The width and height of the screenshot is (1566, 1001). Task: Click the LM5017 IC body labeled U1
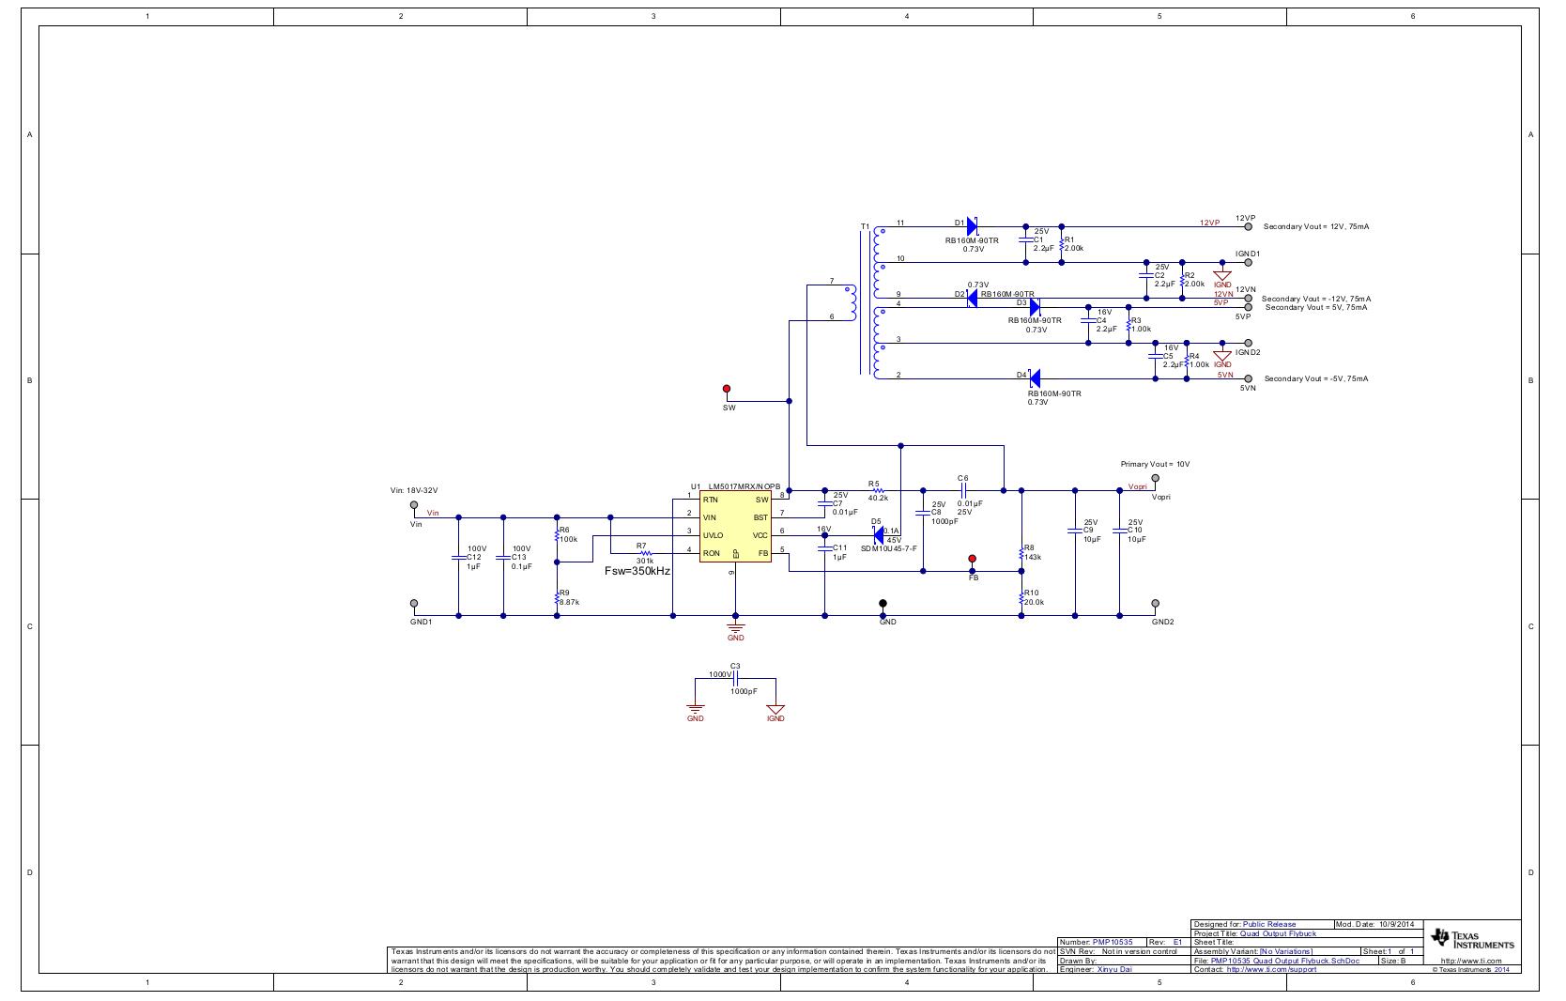(x=735, y=527)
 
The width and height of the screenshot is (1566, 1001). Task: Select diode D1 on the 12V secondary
(x=973, y=226)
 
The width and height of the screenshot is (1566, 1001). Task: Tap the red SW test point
(x=727, y=388)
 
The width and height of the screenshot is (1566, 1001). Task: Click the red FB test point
(x=972, y=559)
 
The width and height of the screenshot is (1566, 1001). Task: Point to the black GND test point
(x=883, y=603)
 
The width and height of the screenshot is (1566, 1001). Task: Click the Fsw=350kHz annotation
(x=637, y=571)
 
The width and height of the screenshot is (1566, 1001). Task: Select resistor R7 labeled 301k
(x=645, y=553)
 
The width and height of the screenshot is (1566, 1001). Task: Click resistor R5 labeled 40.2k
(x=878, y=490)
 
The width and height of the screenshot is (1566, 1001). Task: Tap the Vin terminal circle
(x=414, y=505)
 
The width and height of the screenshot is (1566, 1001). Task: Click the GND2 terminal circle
(x=1155, y=603)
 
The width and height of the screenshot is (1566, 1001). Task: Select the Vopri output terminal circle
(x=1155, y=478)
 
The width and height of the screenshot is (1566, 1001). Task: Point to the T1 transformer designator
(x=865, y=227)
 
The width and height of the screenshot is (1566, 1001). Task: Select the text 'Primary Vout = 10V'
(x=1155, y=464)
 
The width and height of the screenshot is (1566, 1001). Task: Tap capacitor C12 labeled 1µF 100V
(x=458, y=562)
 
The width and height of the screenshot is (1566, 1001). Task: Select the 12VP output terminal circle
(x=1248, y=226)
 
